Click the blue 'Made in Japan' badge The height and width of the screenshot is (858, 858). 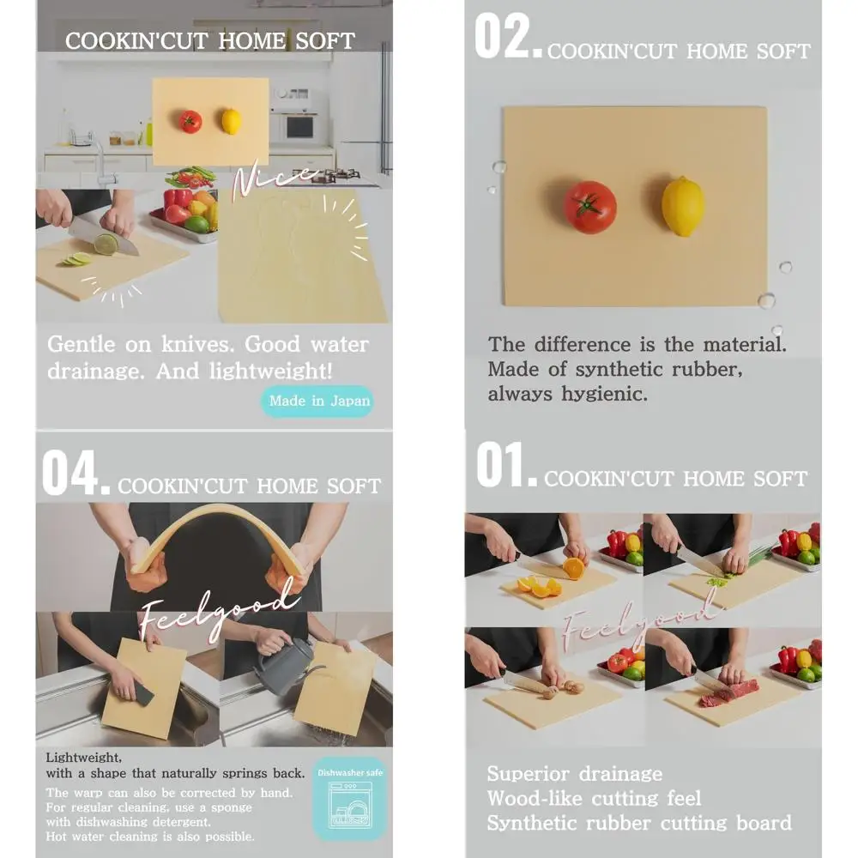tap(317, 401)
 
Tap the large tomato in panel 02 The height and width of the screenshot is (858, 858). tap(590, 207)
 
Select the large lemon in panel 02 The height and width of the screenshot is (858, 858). tap(683, 206)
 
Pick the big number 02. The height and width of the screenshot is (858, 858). tap(508, 38)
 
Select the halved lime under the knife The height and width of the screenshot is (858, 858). tap(106, 244)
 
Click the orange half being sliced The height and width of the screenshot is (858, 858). tap(573, 568)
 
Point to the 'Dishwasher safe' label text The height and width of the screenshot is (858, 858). tap(350, 772)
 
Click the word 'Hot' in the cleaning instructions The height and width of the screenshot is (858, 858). tap(57, 837)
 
